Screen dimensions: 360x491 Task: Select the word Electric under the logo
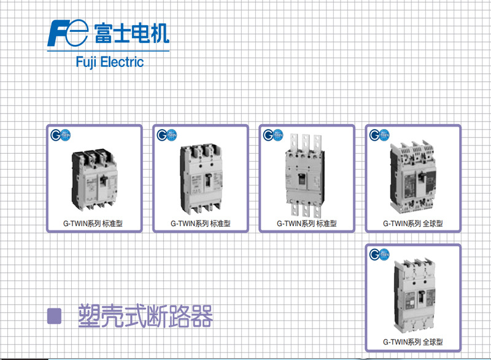[x=123, y=62]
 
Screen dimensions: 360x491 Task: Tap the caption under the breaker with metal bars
[x=306, y=224]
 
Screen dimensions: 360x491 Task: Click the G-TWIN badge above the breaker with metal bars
[x=271, y=135]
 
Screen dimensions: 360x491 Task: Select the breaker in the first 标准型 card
[x=93, y=178]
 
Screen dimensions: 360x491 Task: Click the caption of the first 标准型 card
[x=94, y=224]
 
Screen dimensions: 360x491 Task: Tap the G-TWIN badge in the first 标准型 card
[x=59, y=135]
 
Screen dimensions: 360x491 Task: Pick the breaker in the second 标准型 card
[x=200, y=178]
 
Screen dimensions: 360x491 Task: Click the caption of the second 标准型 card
[x=200, y=224]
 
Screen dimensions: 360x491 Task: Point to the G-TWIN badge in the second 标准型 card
[x=165, y=135]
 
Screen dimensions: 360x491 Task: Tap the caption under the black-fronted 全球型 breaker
[x=412, y=224]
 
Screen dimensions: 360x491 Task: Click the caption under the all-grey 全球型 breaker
[x=412, y=342]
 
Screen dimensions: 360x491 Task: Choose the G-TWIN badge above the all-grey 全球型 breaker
[x=377, y=254]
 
